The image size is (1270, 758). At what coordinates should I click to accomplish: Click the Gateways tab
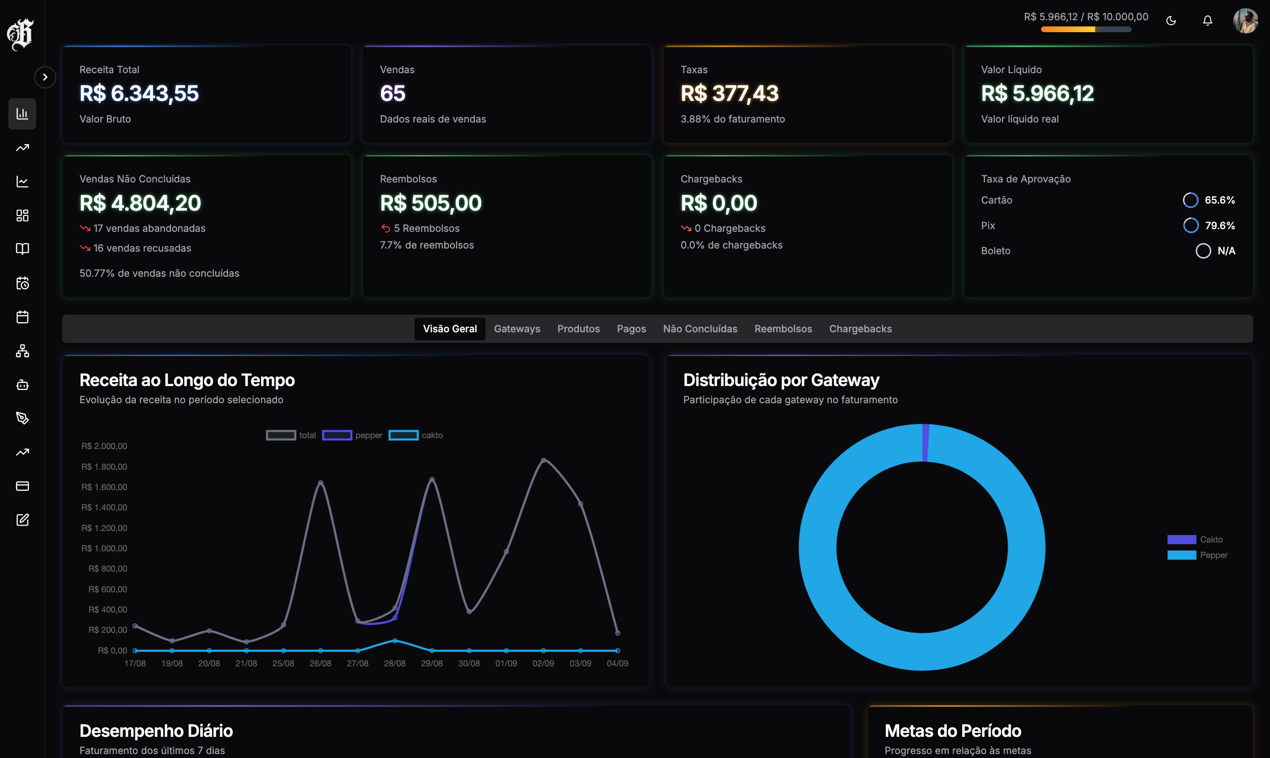tap(517, 329)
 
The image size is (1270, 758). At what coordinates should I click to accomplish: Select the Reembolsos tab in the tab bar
tap(783, 329)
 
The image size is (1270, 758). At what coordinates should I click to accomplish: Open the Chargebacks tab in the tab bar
tap(860, 329)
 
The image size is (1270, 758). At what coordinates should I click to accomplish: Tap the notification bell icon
tap(1207, 20)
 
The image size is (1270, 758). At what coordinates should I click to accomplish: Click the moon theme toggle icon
tap(1171, 20)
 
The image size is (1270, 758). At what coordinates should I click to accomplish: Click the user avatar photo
tap(1245, 20)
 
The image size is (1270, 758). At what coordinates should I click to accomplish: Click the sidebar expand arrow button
tap(45, 77)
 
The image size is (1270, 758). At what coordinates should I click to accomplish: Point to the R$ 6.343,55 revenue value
tap(139, 93)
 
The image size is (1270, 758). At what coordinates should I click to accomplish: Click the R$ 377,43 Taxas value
tap(729, 93)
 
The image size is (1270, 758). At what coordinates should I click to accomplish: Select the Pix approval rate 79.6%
tap(1219, 225)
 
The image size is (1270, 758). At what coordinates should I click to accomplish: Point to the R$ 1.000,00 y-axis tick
tap(104, 548)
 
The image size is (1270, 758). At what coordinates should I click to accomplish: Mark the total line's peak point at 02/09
tap(543, 460)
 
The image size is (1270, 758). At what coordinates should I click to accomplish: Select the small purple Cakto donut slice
tap(925, 442)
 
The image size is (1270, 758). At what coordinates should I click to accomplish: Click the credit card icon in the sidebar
tap(22, 486)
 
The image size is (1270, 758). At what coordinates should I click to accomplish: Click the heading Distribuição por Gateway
tap(781, 380)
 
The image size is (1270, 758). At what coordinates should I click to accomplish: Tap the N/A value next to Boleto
tap(1226, 251)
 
